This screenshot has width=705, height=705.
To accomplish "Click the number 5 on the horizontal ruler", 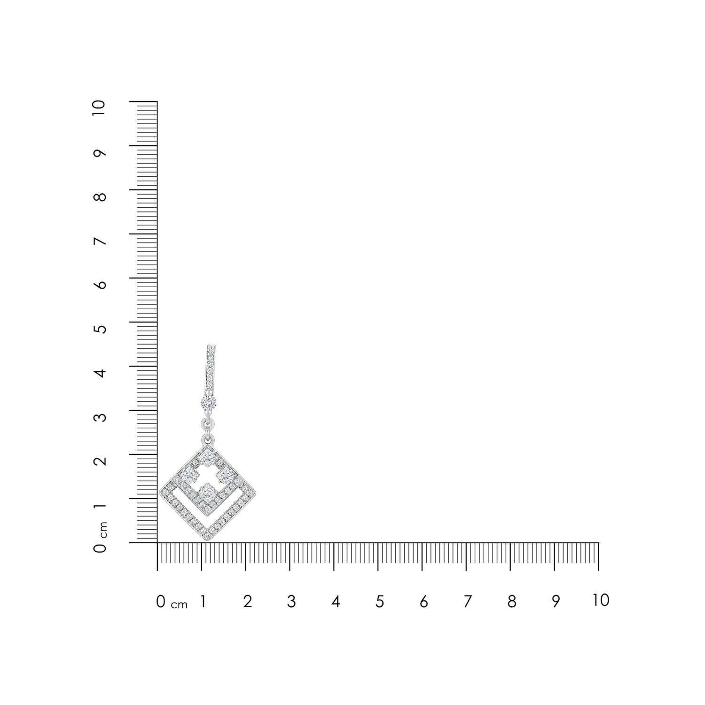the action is (x=380, y=602).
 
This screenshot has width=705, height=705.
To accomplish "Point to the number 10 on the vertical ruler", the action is (x=99, y=109).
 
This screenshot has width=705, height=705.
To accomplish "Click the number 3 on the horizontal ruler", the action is (x=291, y=602).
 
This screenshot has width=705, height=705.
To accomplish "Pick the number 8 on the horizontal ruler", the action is (x=512, y=602).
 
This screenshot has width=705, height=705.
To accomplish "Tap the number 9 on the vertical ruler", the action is (x=100, y=153).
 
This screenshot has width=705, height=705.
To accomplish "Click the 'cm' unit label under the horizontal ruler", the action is (x=179, y=605).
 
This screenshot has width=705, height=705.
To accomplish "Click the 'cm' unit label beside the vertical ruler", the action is (x=103, y=530).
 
